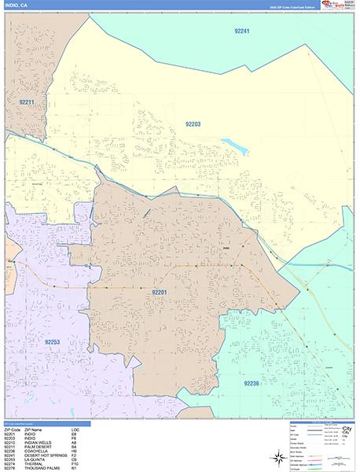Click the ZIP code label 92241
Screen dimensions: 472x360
point(241,31)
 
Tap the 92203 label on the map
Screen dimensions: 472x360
point(193,124)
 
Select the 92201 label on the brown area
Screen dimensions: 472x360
point(160,292)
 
